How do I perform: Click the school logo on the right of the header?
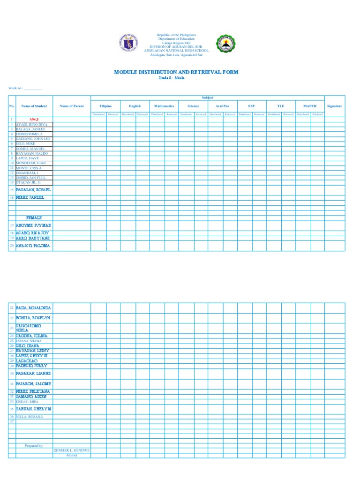coord(225,44)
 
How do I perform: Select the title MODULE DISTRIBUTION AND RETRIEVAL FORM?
coord(176,72)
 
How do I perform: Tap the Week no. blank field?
coord(33,88)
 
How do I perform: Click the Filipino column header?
coord(105,106)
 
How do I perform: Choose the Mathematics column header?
coord(164,106)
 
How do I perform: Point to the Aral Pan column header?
coord(223,106)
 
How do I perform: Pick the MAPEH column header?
coord(310,106)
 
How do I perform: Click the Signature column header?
coord(335,106)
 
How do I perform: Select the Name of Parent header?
coord(72,106)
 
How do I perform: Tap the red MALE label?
coord(34,120)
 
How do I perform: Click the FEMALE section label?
coord(34,218)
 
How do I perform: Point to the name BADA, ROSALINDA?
coord(33,308)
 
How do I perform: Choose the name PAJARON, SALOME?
coord(33,384)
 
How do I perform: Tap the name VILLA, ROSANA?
coord(30,417)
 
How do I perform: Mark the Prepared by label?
coord(34,446)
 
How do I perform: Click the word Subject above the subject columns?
coord(207,97)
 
